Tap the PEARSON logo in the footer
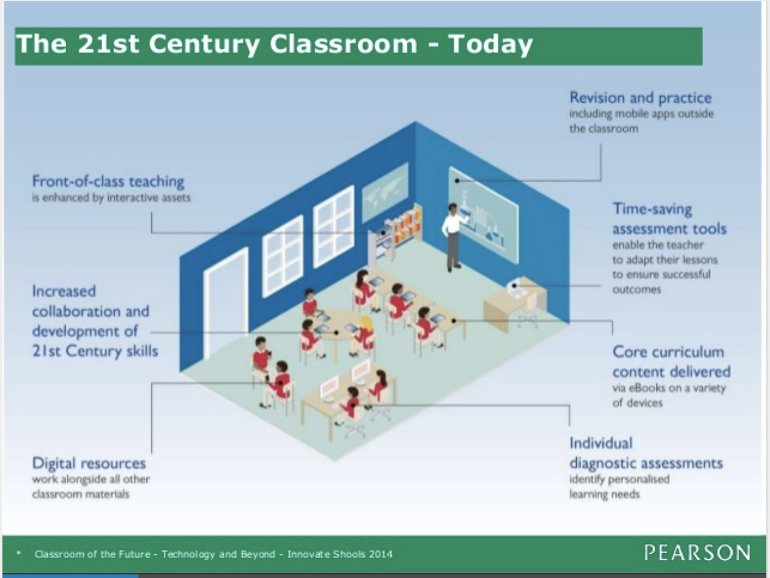[697, 553]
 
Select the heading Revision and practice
[640, 98]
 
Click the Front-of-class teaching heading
[108, 181]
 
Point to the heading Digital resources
[89, 463]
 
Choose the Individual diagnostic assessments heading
[646, 454]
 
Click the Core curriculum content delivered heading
[671, 362]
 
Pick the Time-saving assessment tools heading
[669, 219]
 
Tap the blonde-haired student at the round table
[365, 333]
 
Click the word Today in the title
[491, 44]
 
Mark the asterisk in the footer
[19, 553]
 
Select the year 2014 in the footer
[378, 554]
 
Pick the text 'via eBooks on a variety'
[669, 389]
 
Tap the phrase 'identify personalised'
[619, 479]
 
